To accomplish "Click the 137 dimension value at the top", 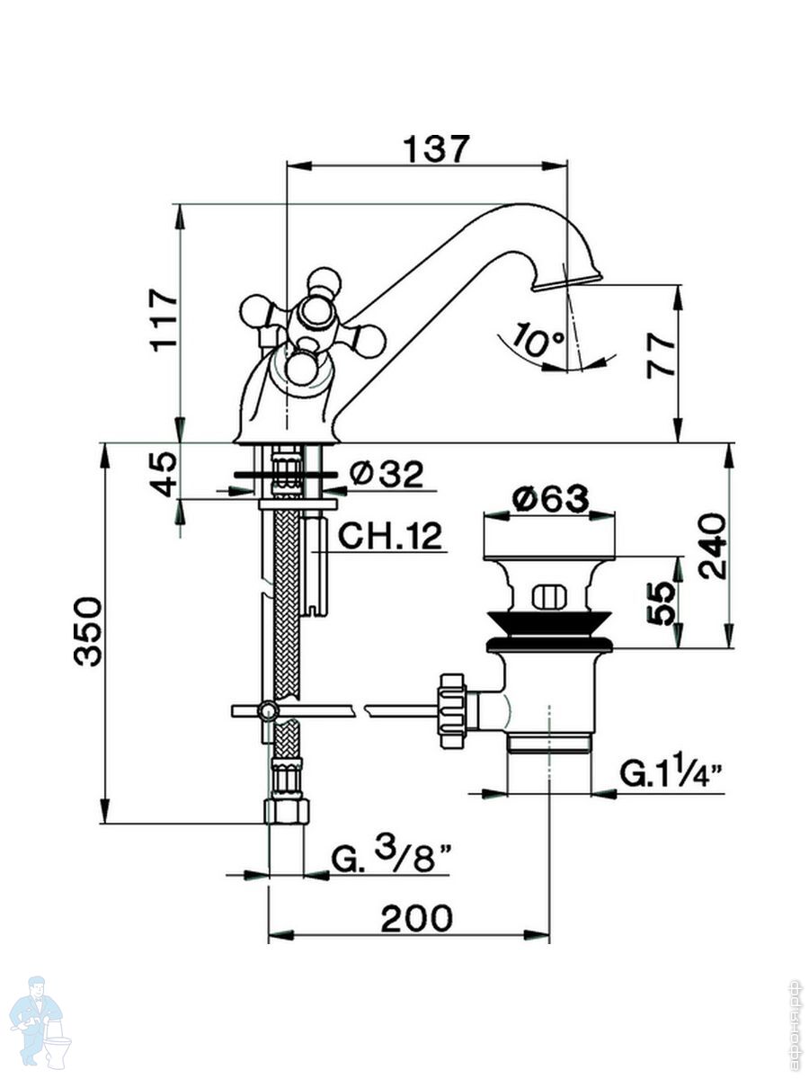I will pyautogui.click(x=436, y=149).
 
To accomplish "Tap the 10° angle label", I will pyautogui.click(x=539, y=341).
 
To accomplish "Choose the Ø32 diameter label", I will pyautogui.click(x=386, y=474).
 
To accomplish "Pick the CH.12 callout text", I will pyautogui.click(x=390, y=536).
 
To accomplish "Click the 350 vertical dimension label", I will pyautogui.click(x=89, y=629).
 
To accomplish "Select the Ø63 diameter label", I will pyautogui.click(x=549, y=497).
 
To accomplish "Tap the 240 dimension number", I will pyautogui.click(x=712, y=546).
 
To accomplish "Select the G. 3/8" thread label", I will pyautogui.click(x=390, y=859).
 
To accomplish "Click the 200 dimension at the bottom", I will pyautogui.click(x=416, y=919).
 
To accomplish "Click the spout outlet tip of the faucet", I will pyautogui.click(x=566, y=281).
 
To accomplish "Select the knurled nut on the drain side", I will pyautogui.click(x=450, y=707).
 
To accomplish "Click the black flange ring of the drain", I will pyautogui.click(x=549, y=644).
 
